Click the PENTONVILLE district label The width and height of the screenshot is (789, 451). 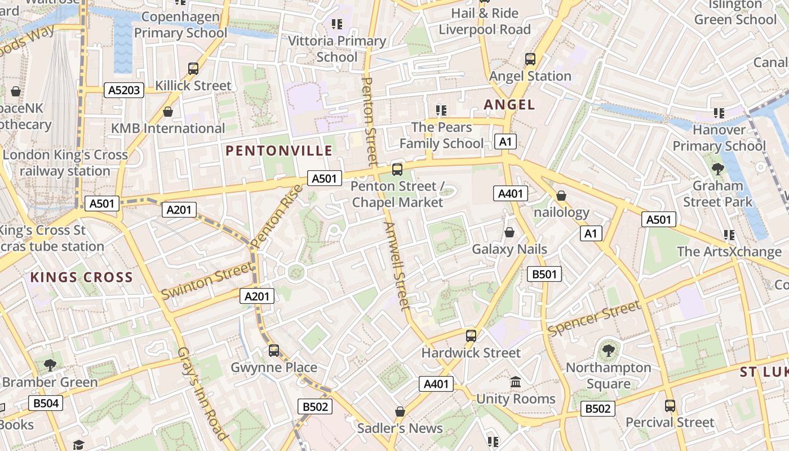(x=279, y=151)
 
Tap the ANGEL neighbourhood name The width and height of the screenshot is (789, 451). (x=509, y=104)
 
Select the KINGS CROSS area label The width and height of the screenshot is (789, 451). (x=82, y=277)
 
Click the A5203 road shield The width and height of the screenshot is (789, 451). (x=124, y=90)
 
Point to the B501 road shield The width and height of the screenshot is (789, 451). (x=544, y=274)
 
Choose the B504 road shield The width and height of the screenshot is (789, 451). (x=46, y=403)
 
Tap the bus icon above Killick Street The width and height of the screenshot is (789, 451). (x=193, y=69)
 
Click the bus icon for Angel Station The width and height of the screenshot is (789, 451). (x=530, y=59)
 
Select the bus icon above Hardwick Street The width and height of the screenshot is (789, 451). (x=471, y=336)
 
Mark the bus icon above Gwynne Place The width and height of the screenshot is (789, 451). (x=274, y=351)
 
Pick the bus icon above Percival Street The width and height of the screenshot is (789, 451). (x=670, y=406)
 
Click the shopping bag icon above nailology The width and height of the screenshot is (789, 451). (x=561, y=196)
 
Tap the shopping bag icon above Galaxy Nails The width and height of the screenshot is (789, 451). (x=509, y=232)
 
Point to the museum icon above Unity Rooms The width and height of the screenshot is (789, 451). (x=516, y=382)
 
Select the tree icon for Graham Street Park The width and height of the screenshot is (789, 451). (x=717, y=169)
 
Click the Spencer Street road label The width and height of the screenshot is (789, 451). (x=594, y=319)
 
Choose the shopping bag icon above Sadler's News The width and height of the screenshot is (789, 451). (x=400, y=412)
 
